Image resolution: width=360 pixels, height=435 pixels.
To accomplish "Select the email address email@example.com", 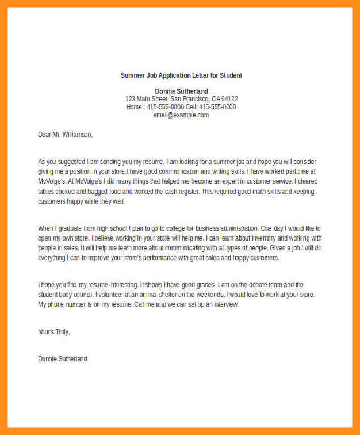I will (x=181, y=115).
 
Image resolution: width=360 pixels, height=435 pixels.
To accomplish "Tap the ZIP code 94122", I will (x=229, y=99).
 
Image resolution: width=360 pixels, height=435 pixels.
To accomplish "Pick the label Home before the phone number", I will (x=134, y=107).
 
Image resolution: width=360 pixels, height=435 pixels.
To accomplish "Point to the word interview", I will (x=224, y=304).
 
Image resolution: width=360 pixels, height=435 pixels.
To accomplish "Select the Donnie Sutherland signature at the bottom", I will (x=63, y=359).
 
